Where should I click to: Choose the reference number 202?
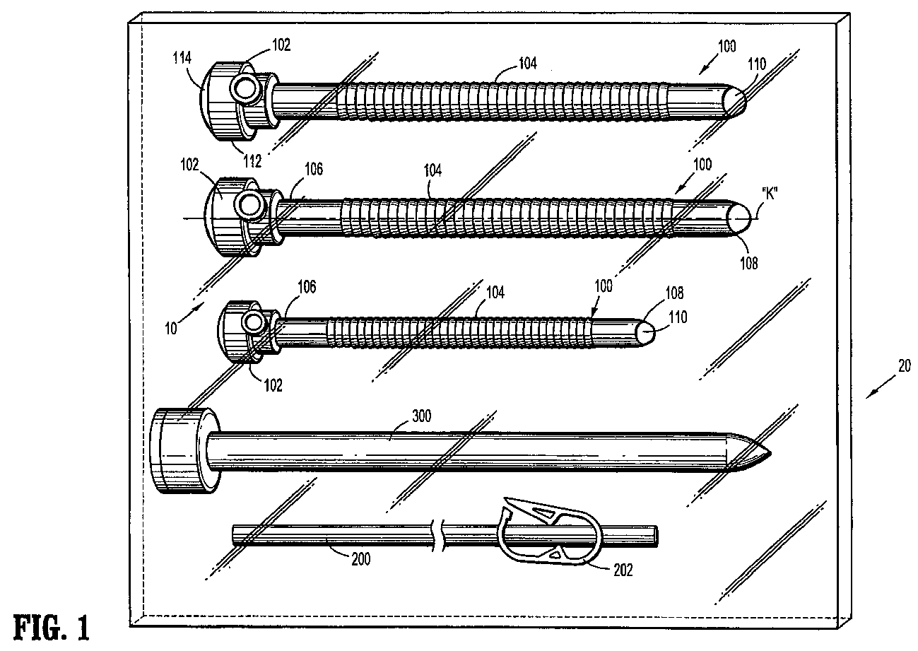tap(621, 569)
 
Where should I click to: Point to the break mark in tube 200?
tap(440, 534)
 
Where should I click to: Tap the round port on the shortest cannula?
tap(252, 324)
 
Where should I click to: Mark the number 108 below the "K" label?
tap(748, 263)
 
